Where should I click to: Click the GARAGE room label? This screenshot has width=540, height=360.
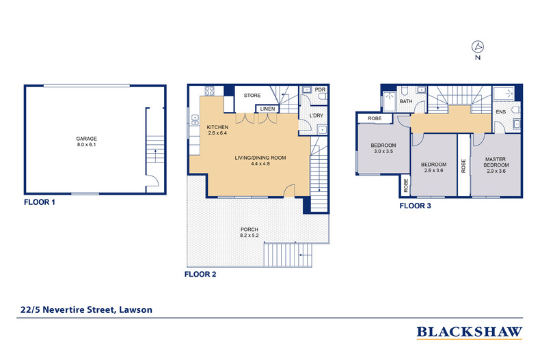pos(86,139)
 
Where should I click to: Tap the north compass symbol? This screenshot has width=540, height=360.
pos(478,46)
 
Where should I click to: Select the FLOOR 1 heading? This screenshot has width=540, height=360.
pos(40,202)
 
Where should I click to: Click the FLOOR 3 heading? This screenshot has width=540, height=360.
pos(415,206)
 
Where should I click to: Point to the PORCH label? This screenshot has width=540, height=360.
pos(249,230)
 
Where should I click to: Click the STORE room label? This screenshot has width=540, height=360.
pos(252,96)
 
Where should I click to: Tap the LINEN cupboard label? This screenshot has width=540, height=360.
pos(267,109)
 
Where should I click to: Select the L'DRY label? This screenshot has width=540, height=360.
pos(316,115)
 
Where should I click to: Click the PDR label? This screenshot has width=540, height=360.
pos(321,89)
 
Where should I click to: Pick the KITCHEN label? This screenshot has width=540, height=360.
pos(217,127)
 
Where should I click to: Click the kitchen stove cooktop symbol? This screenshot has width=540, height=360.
pos(209,91)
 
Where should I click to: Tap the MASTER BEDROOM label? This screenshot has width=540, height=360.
pos(496,162)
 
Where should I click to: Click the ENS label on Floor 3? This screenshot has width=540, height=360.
pos(501,112)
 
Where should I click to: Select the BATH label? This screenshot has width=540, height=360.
pos(406,101)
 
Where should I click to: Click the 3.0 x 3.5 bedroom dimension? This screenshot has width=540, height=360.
pos(383,151)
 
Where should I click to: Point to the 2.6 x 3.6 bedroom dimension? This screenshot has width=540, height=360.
pos(433,170)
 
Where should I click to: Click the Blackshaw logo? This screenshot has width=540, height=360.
pos(470,333)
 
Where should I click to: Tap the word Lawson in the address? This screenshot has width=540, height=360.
pos(136,309)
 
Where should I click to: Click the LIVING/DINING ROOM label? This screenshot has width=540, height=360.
pos(260,158)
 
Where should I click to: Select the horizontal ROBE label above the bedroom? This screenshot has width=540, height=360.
pos(375,118)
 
